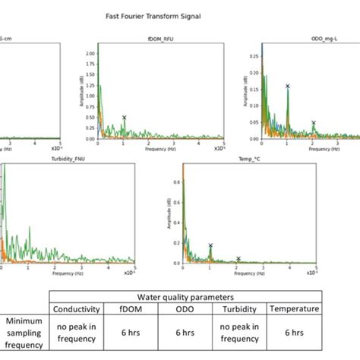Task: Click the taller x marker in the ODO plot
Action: (287, 86)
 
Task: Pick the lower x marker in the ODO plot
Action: (313, 122)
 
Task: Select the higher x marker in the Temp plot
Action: (210, 245)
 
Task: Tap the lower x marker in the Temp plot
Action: (238, 258)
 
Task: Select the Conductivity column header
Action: (77, 309)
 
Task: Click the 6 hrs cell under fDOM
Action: (128, 331)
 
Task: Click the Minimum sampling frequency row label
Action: (24, 331)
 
